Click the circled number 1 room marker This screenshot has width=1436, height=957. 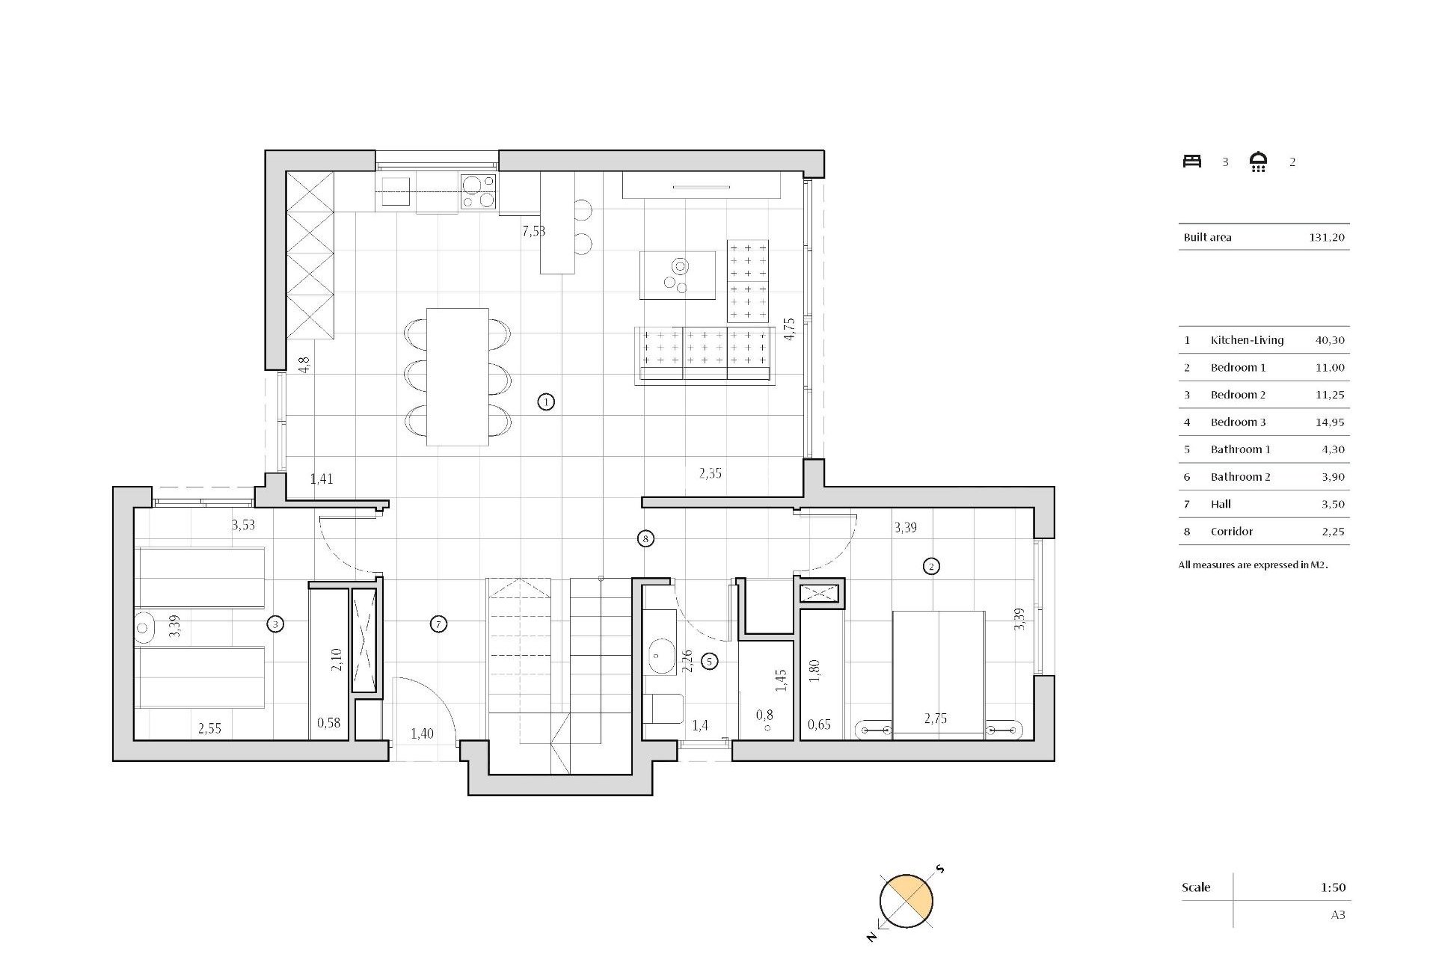tap(546, 402)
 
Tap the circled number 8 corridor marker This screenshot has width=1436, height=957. tap(645, 538)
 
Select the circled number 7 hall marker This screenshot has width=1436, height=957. tap(439, 624)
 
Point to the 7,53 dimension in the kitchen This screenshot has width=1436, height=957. tap(533, 231)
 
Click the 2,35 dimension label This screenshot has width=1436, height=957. tap(710, 473)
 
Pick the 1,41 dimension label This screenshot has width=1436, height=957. tap(322, 479)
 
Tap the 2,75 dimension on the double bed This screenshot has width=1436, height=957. tap(935, 718)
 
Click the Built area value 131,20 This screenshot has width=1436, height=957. tap(1326, 237)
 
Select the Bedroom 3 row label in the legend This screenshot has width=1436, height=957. tap(1238, 422)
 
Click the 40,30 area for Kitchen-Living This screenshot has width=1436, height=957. tap(1329, 340)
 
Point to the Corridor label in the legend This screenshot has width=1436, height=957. tap(1231, 532)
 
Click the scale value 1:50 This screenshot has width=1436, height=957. tap(1332, 887)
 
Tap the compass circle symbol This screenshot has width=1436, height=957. tap(906, 901)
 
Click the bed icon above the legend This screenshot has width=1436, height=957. tap(1191, 161)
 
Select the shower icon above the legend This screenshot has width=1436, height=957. tap(1258, 161)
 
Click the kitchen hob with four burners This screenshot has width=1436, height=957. tap(478, 191)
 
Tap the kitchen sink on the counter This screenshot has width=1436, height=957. tap(396, 191)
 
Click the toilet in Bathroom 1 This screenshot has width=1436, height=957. tap(666, 709)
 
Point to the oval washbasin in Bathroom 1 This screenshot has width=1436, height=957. tap(660, 656)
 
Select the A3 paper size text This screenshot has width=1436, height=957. tap(1337, 914)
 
